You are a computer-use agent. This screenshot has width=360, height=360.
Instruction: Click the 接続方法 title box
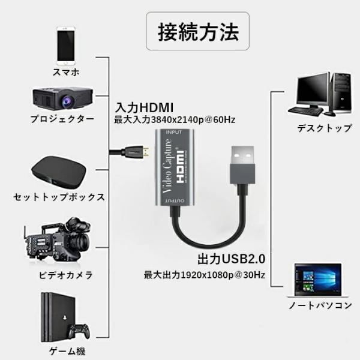coord(197,31)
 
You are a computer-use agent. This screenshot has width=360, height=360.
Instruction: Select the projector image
coord(63,96)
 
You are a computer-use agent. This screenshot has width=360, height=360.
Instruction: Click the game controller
coord(77,331)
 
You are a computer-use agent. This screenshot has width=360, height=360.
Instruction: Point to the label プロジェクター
coord(62,119)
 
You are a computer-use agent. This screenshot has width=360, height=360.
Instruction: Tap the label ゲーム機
coord(67,351)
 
